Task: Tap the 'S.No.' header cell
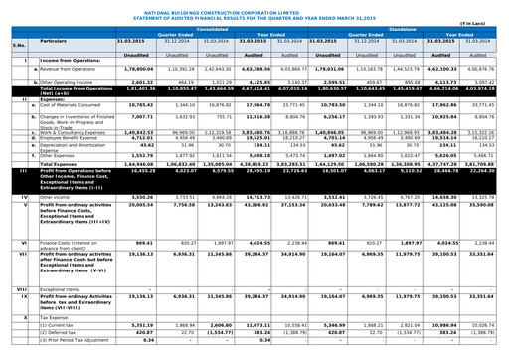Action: (15, 43)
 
